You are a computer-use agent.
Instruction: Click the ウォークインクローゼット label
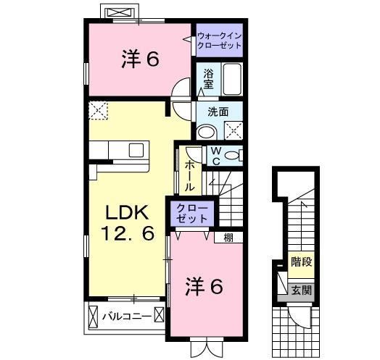tap(219, 39)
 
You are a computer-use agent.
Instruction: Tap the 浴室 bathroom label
tap(207, 78)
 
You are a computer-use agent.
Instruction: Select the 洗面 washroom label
tap(218, 112)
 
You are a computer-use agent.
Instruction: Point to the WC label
tap(215, 154)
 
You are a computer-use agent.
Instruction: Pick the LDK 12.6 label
tap(128, 223)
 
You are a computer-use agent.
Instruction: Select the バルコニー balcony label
tap(126, 316)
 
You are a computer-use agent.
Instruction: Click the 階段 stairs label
tap(302, 261)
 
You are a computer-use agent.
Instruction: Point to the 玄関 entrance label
tap(302, 290)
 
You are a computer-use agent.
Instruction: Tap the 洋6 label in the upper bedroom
tap(139, 60)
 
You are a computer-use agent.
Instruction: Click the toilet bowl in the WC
tap(233, 155)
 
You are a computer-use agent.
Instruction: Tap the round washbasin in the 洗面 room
tap(206, 131)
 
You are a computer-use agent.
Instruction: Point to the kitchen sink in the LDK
tap(136, 150)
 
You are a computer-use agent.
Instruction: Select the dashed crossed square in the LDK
tap(97, 111)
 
